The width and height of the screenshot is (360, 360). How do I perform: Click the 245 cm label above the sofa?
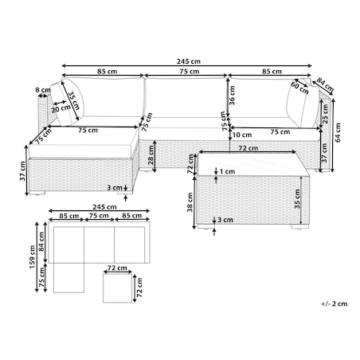[189, 61]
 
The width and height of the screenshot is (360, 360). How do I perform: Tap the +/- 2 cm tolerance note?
[335, 303]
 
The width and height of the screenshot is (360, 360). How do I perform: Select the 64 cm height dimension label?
[338, 132]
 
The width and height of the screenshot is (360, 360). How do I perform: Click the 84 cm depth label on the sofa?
[325, 84]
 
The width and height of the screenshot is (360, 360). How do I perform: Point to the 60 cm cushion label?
[300, 88]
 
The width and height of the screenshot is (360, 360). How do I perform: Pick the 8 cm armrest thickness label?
[43, 90]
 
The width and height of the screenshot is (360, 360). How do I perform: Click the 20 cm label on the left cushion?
[61, 108]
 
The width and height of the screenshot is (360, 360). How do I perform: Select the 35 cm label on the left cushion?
[74, 101]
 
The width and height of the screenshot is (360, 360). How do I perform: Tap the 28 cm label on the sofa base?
[151, 155]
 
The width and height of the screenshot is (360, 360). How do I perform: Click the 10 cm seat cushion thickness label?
[242, 135]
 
